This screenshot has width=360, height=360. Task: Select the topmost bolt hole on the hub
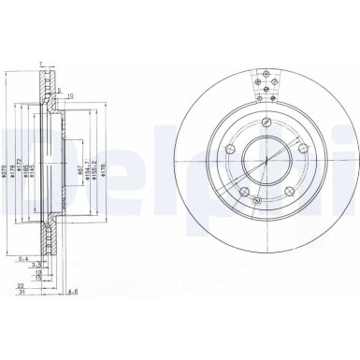coord(267,121)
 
